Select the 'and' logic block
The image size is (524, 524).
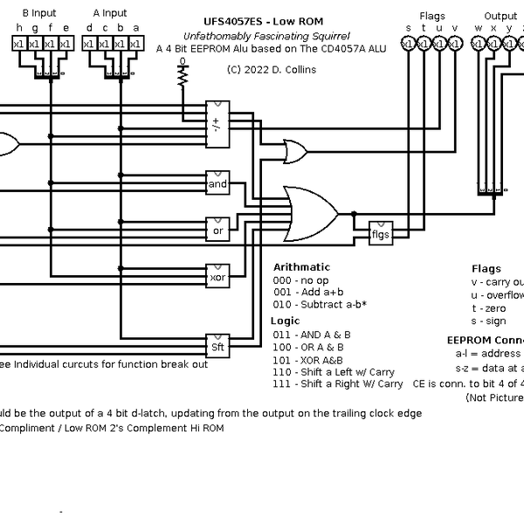pyautogui.click(x=217, y=184)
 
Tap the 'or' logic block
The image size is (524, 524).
pyautogui.click(x=217, y=231)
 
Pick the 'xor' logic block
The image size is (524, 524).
pyautogui.click(x=217, y=278)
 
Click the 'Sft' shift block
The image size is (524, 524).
pyautogui.click(x=217, y=347)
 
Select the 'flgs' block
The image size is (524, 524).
pyautogui.click(x=381, y=233)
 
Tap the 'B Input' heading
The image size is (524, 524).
pyautogui.click(x=38, y=14)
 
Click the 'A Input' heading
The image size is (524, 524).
pyautogui.click(x=109, y=14)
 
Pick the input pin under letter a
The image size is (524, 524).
pyautogui.click(x=135, y=45)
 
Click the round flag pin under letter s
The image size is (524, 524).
pyautogui.click(x=408, y=44)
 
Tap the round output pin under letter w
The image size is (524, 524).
pyautogui.click(x=479, y=44)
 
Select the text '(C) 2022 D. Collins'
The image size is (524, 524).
pyautogui.click(x=271, y=69)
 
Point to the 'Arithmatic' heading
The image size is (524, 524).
pyautogui.click(x=302, y=267)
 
